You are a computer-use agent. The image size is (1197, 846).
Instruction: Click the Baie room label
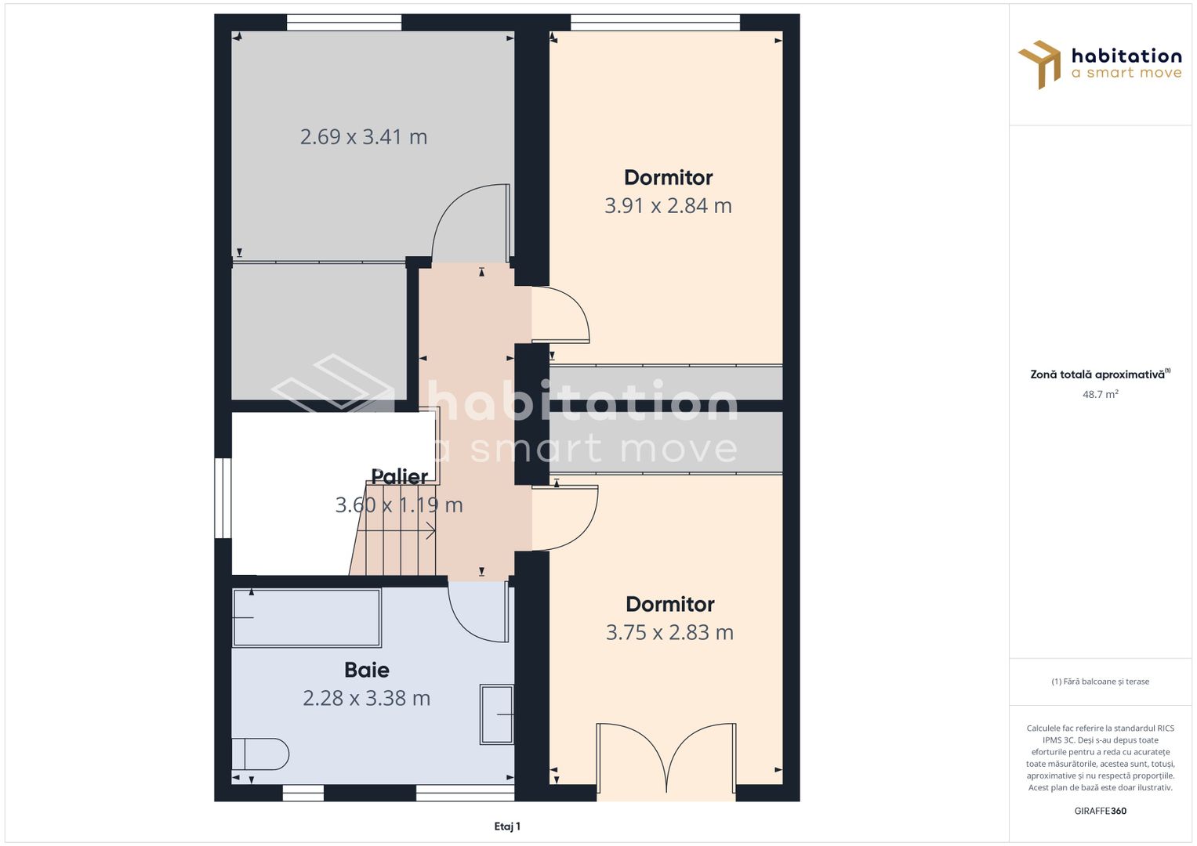367,670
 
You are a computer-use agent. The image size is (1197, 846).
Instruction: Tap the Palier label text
399,476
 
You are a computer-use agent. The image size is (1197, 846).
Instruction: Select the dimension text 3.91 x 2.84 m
668,205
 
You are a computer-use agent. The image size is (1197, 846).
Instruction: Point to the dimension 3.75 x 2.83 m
669,632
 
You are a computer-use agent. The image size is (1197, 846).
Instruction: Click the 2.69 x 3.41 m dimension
364,137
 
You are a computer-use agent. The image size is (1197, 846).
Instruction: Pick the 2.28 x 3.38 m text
367,698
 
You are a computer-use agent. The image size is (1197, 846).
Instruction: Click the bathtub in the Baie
307,618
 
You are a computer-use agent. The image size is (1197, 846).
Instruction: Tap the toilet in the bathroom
260,754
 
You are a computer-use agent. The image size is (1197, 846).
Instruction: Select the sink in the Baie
496,714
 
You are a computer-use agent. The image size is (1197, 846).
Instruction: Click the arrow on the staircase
395,531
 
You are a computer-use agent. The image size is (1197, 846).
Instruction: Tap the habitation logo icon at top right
1039,64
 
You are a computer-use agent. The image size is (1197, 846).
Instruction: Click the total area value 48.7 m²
1101,394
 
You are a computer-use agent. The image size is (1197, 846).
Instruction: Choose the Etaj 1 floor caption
507,826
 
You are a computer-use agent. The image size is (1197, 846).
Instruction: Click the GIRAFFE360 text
1101,811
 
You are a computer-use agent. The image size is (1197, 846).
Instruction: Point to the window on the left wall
223,497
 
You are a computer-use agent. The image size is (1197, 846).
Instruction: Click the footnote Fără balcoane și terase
1101,681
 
